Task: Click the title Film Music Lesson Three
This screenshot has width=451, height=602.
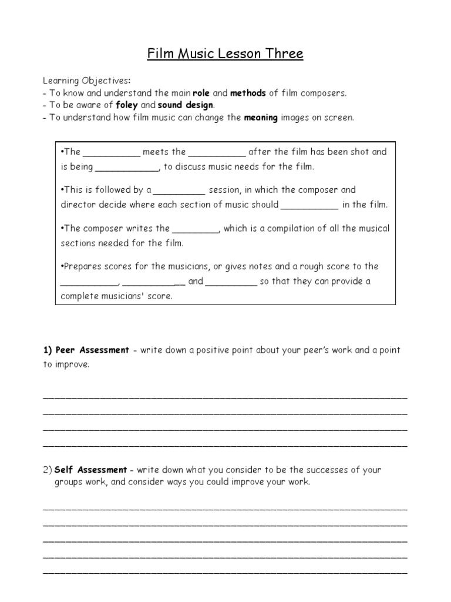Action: click(x=225, y=55)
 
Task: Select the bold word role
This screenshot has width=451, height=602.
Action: click(x=201, y=93)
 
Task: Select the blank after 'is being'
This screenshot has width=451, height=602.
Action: click(x=127, y=168)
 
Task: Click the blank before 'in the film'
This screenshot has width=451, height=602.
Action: click(x=309, y=206)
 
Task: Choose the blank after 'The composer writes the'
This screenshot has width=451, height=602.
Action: click(x=196, y=229)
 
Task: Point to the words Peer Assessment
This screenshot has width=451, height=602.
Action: click(x=92, y=350)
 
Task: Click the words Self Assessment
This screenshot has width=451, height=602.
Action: click(x=90, y=470)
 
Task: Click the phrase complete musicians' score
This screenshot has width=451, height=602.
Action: click(x=117, y=296)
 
